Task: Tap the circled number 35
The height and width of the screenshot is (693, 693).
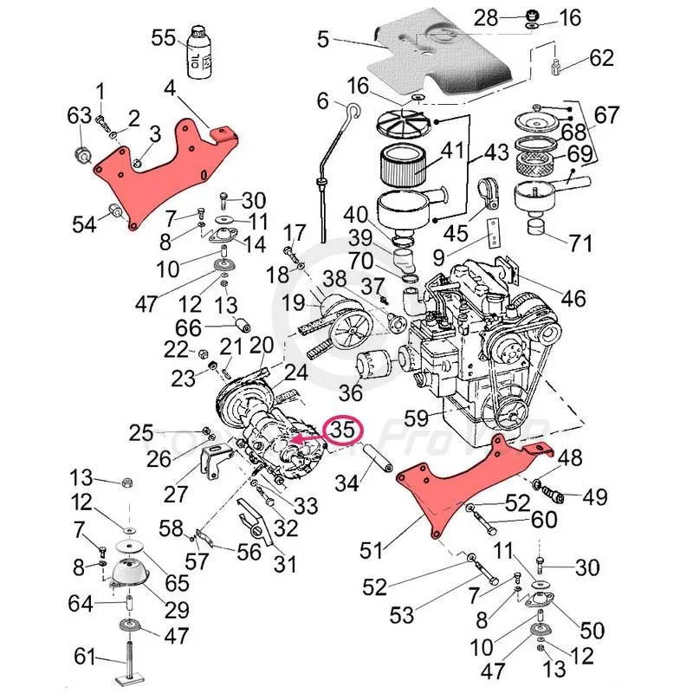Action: (x=342, y=429)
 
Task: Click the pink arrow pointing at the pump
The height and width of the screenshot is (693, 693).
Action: (x=302, y=440)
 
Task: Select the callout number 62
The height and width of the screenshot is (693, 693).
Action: (x=601, y=58)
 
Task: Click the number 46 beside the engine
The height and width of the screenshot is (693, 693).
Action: (x=573, y=299)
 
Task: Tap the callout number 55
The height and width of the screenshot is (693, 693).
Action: (x=163, y=38)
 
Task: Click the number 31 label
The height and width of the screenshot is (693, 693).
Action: (x=285, y=564)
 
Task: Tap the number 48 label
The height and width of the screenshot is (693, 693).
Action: (x=571, y=458)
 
